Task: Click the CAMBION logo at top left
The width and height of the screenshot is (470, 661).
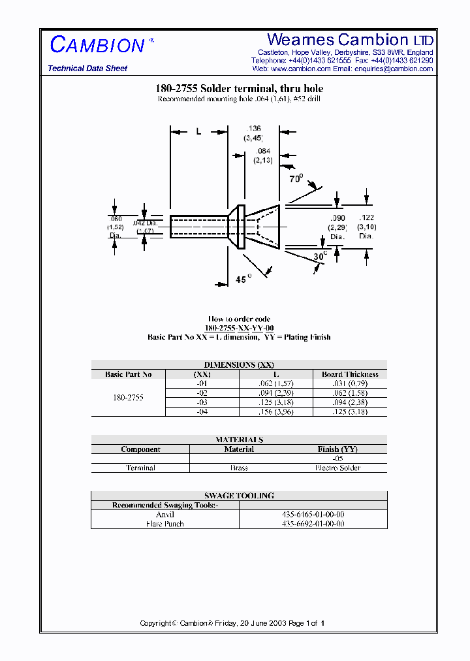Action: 97,45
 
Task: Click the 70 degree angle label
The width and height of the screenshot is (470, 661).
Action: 296,178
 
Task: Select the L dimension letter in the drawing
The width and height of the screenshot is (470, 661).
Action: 198,131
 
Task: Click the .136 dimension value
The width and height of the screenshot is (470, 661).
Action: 254,128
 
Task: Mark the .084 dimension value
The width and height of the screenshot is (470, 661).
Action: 264,152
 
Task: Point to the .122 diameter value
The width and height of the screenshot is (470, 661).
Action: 366,218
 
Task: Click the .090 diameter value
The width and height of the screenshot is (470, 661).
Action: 337,218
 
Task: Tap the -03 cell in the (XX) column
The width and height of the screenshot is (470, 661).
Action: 202,402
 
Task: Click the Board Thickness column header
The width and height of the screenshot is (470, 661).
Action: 350,374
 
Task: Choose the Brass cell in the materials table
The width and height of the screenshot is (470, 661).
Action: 239,468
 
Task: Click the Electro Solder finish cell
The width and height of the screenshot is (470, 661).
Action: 337,468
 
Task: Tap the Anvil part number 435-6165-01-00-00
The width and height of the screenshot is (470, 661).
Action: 313,515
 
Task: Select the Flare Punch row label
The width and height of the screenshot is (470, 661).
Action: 166,524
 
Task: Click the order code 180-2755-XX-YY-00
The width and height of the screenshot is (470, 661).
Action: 239,328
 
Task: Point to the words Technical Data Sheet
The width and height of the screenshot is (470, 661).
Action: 87,69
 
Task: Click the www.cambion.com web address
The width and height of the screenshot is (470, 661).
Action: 300,69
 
